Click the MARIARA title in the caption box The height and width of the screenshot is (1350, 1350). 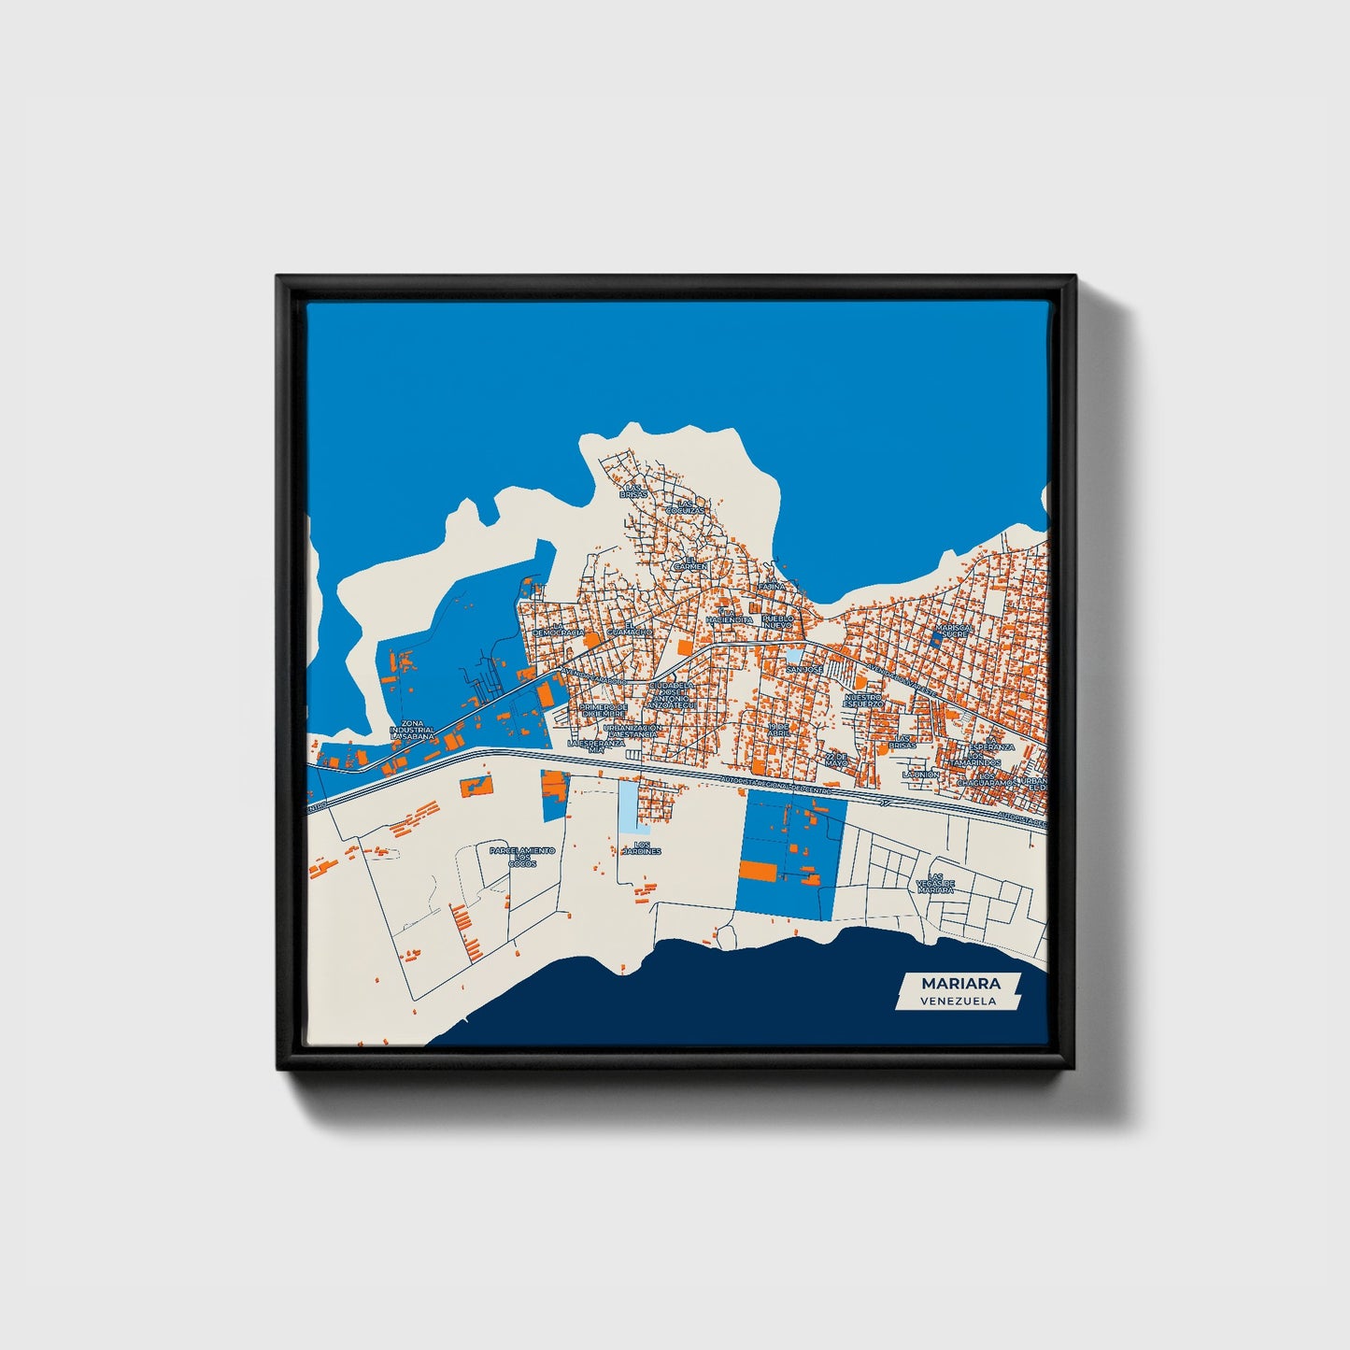[960, 983]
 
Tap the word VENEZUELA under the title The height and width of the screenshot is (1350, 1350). [957, 1001]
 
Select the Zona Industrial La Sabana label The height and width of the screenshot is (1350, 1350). [413, 730]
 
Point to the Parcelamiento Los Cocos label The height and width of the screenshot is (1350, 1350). [522, 856]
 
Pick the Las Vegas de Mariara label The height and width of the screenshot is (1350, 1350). [935, 884]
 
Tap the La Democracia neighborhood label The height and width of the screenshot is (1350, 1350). [559, 630]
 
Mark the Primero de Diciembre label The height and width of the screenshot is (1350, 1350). [601, 711]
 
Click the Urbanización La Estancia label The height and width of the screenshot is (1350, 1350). [632, 731]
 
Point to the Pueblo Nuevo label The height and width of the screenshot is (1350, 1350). [777, 620]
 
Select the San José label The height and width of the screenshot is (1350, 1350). [804, 670]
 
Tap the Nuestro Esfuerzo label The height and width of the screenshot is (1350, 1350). [863, 700]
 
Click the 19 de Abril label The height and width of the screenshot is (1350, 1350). [778, 730]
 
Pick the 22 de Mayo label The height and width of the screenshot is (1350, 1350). [836, 759]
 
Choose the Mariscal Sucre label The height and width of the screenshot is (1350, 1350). [952, 630]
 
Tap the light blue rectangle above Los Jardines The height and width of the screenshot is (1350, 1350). [634, 806]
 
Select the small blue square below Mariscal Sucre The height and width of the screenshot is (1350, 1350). [938, 640]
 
